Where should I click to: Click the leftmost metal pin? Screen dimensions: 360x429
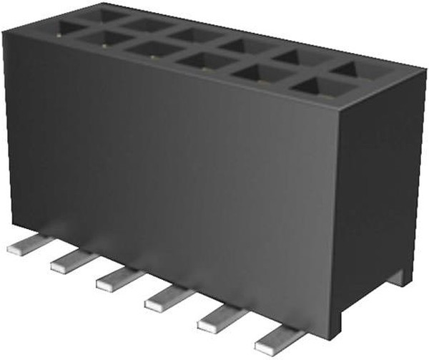click(24, 248)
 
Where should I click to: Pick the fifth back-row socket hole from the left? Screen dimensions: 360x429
click(293, 57)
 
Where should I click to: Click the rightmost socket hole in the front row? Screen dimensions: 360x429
click(315, 87)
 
